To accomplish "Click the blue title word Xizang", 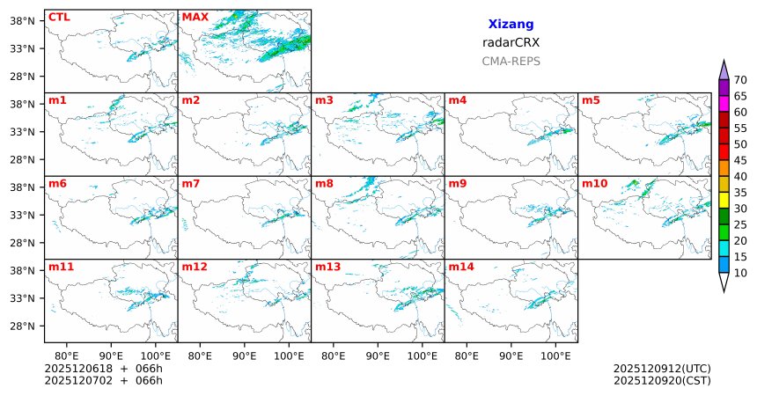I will pyautogui.click(x=511, y=25).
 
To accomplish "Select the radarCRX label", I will pyautogui.click(x=511, y=42).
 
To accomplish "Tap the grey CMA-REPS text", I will pyautogui.click(x=511, y=62).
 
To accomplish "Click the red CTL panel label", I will pyautogui.click(x=59, y=17).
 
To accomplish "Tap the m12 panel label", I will pyautogui.click(x=195, y=267).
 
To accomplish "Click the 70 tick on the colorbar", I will pyautogui.click(x=740, y=80).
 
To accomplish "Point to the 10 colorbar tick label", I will pyautogui.click(x=740, y=274).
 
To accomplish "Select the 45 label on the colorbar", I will pyautogui.click(x=740, y=160).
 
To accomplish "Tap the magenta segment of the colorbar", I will pyautogui.click(x=724, y=104).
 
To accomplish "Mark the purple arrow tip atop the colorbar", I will pyautogui.click(x=724, y=69).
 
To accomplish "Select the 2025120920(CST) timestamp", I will pyautogui.click(x=661, y=380).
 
